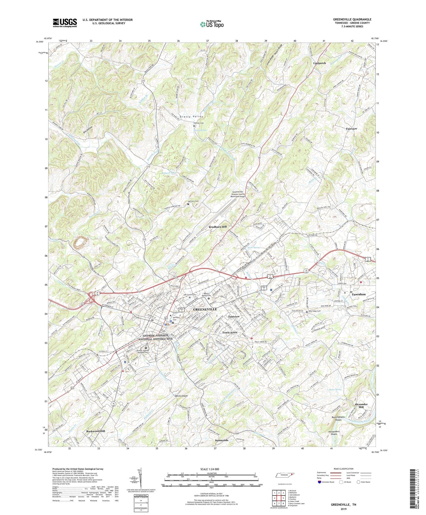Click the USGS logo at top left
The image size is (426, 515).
[x=65, y=22]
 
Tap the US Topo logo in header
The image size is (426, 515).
[x=211, y=24]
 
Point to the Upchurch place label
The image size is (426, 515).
[x=320, y=63]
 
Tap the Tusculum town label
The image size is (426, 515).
[x=358, y=294]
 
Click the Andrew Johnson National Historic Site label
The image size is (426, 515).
[x=156, y=337]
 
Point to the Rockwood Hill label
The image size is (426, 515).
[x=96, y=431]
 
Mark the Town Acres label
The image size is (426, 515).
[x=230, y=332]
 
